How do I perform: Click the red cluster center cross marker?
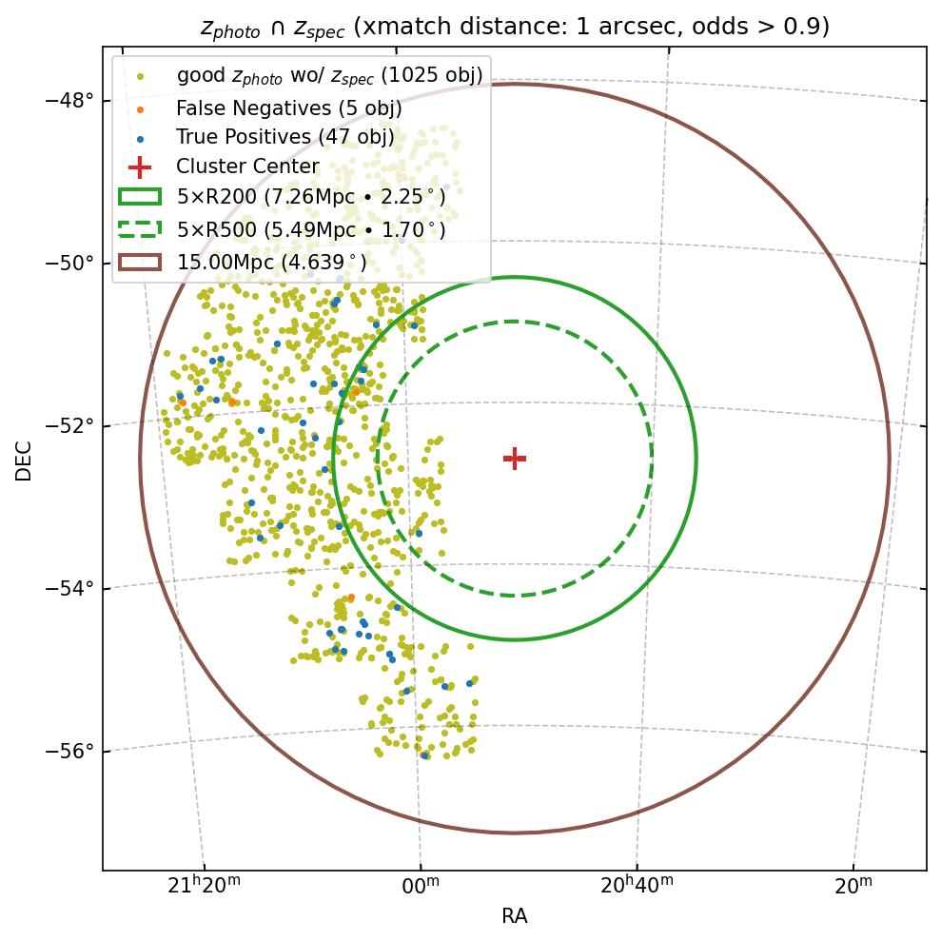tap(515, 459)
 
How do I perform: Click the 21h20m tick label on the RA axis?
tap(204, 886)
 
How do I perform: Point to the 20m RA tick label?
tap(853, 886)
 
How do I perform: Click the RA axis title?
tap(515, 916)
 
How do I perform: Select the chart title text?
tap(515, 27)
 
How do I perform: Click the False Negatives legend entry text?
tap(289, 108)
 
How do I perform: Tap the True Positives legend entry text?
tap(285, 138)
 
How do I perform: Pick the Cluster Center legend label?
tap(247, 167)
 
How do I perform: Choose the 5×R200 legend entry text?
tap(311, 198)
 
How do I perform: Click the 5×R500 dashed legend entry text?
tap(311, 230)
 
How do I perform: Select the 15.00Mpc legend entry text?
tap(272, 263)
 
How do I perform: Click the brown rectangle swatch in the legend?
tap(139, 263)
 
